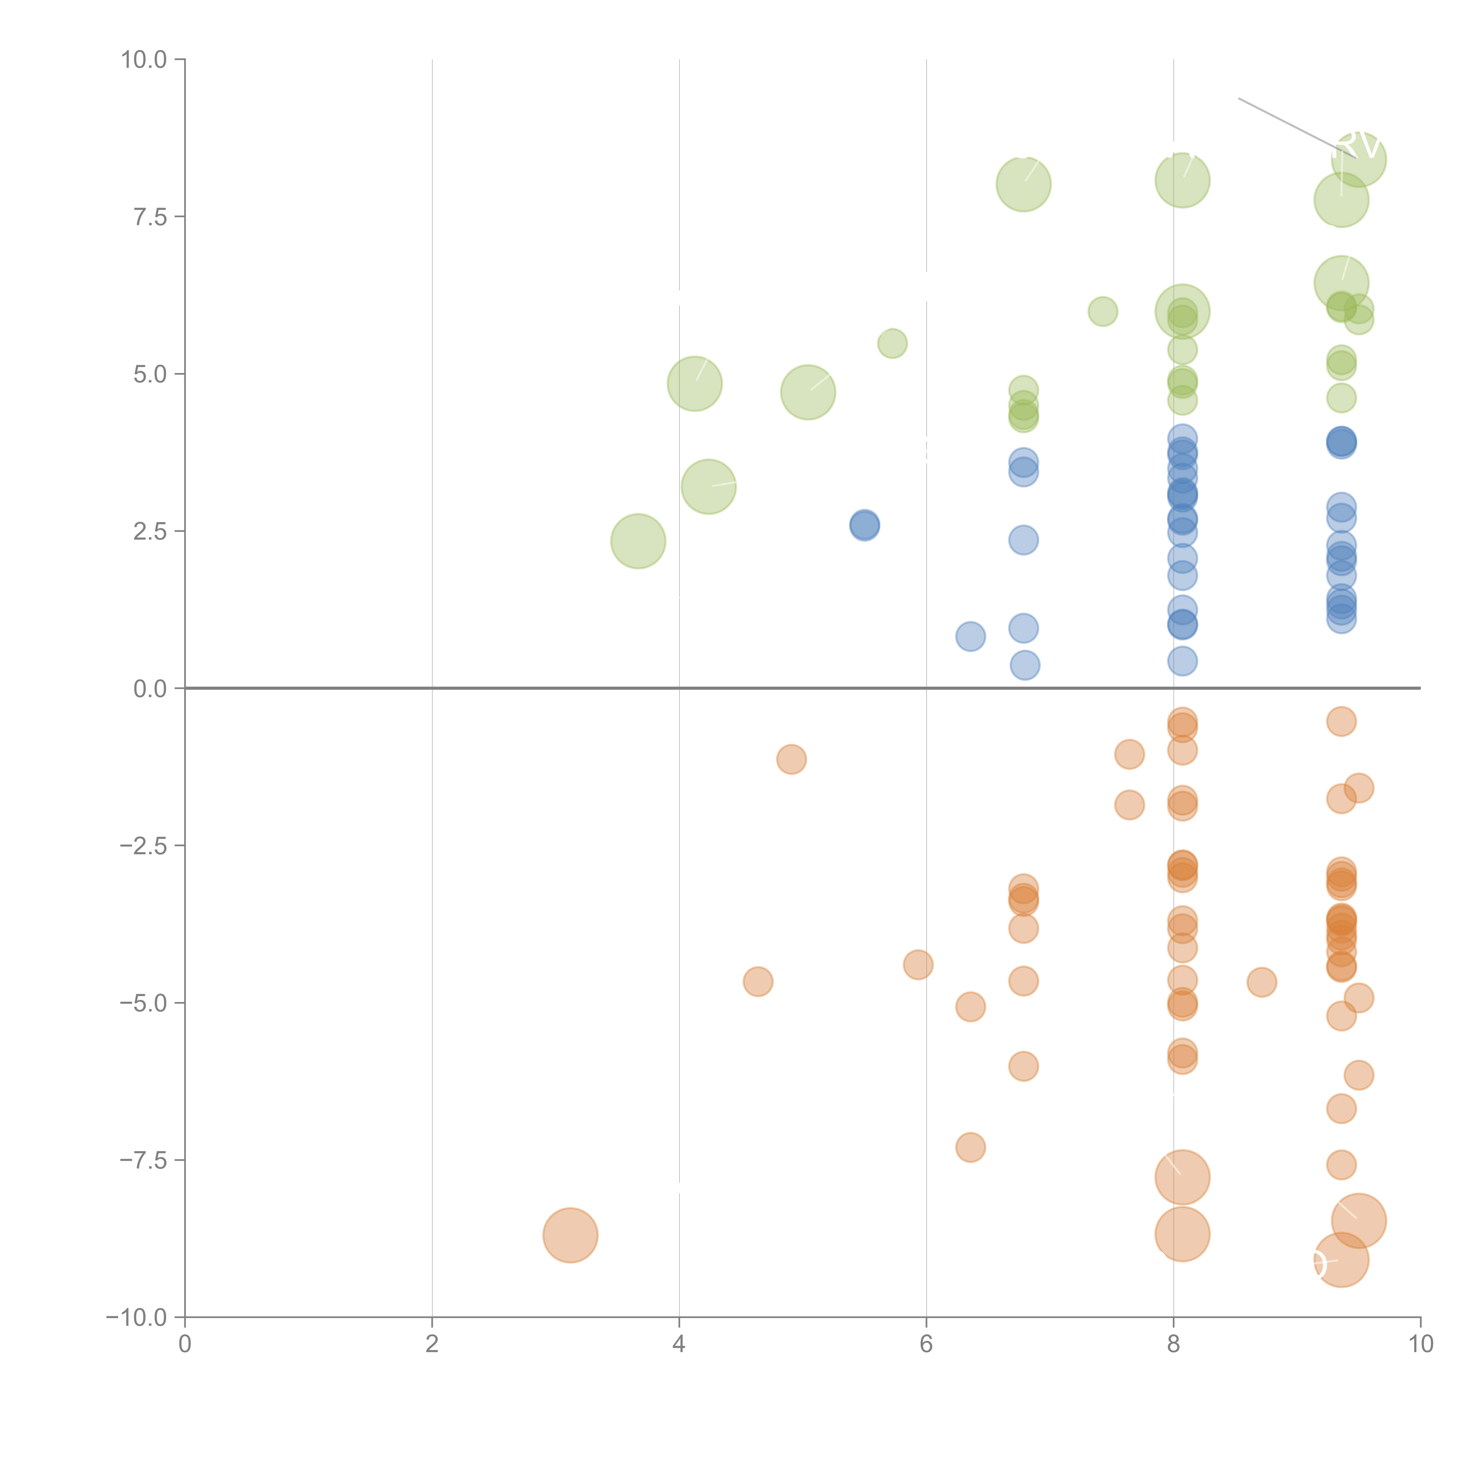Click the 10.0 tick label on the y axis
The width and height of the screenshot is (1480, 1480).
[x=144, y=60]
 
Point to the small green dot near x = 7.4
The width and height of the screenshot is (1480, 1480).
[x=1102, y=311]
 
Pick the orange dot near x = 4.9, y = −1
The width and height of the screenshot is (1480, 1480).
[x=791, y=759]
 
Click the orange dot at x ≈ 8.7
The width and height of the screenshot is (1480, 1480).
[x=1262, y=982]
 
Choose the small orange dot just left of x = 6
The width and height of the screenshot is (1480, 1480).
[x=918, y=964]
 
